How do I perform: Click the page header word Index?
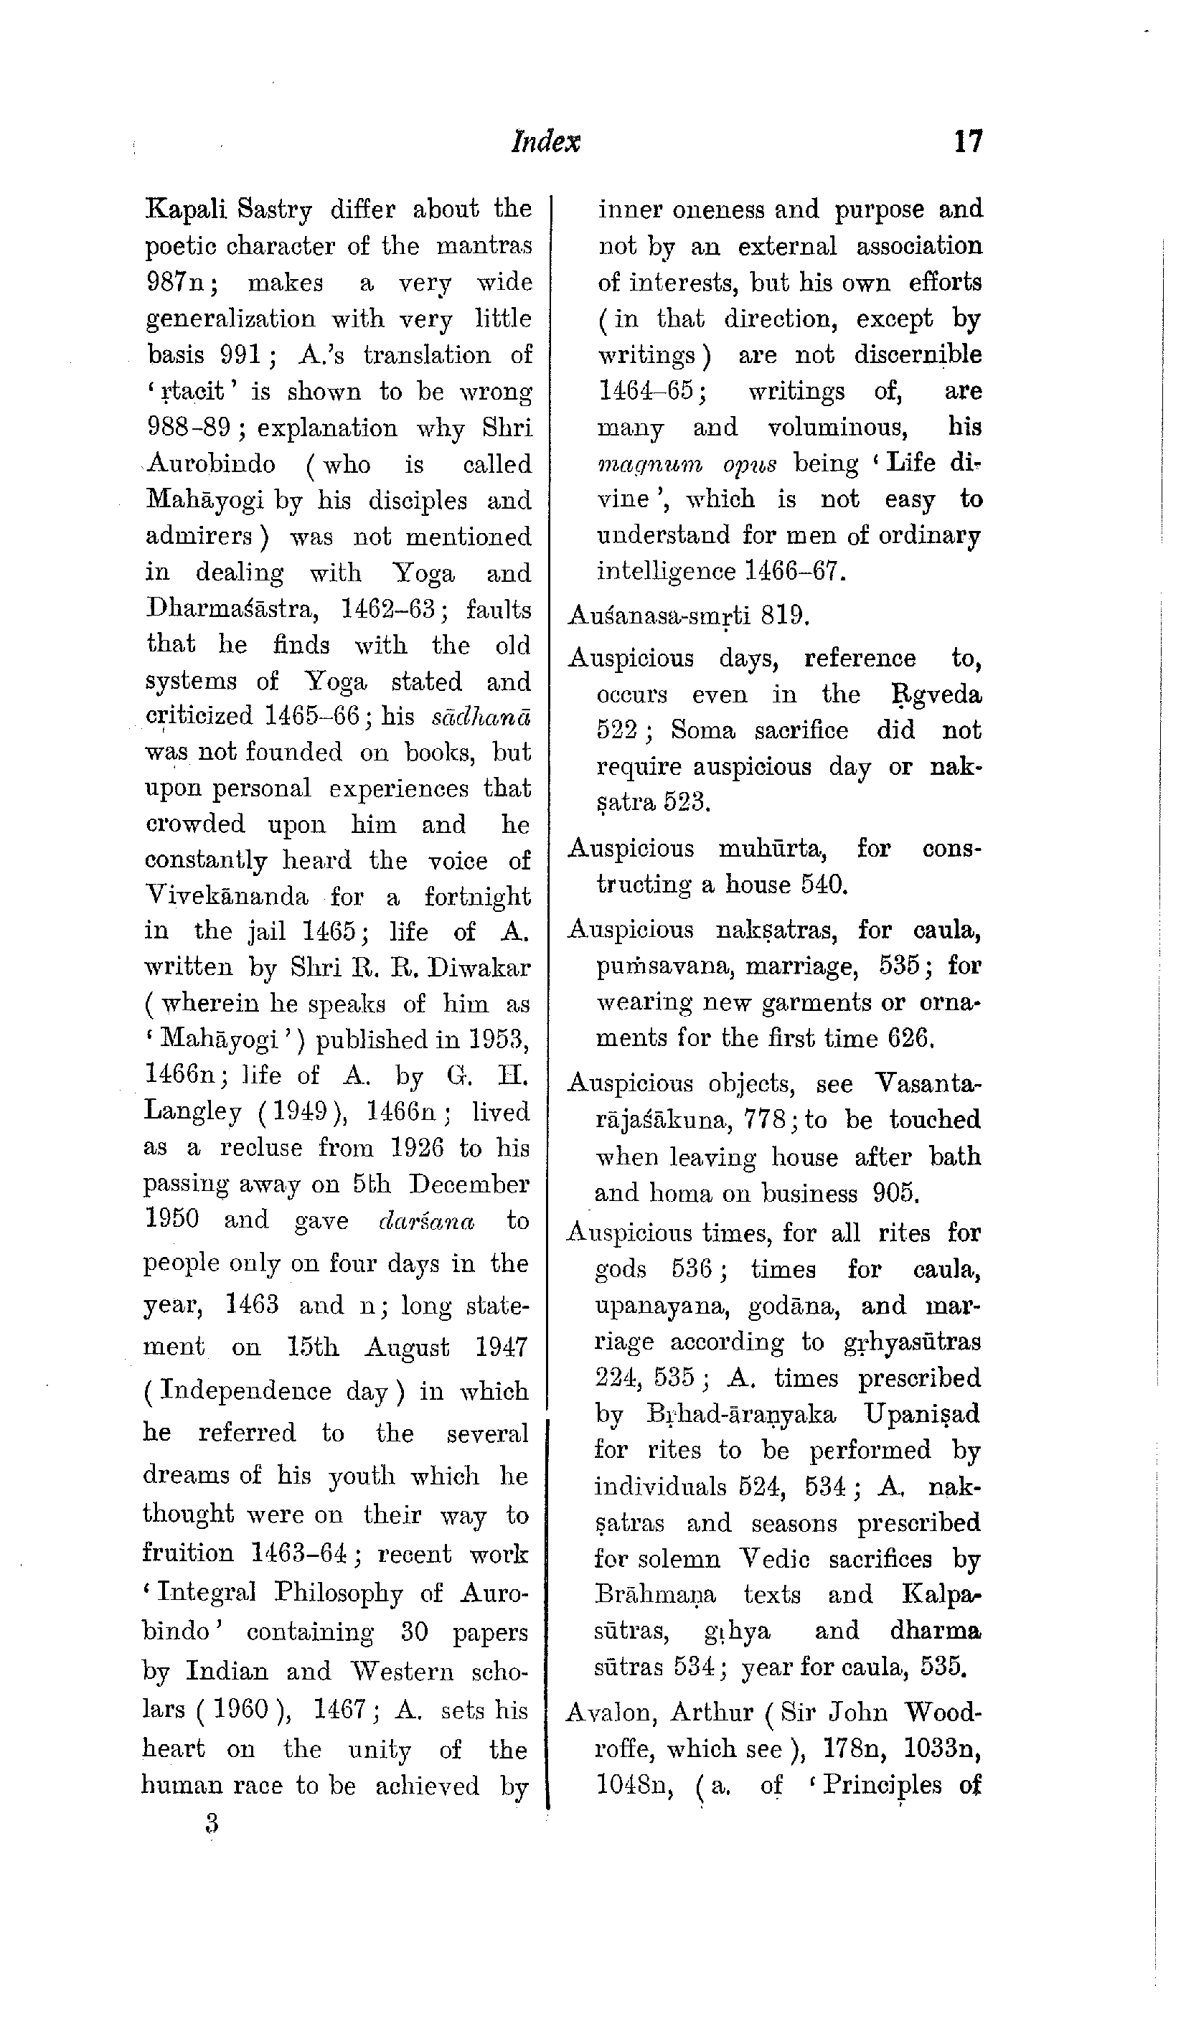click(546, 142)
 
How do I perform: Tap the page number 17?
click(968, 142)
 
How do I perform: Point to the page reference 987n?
click(178, 283)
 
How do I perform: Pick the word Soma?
click(702, 730)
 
